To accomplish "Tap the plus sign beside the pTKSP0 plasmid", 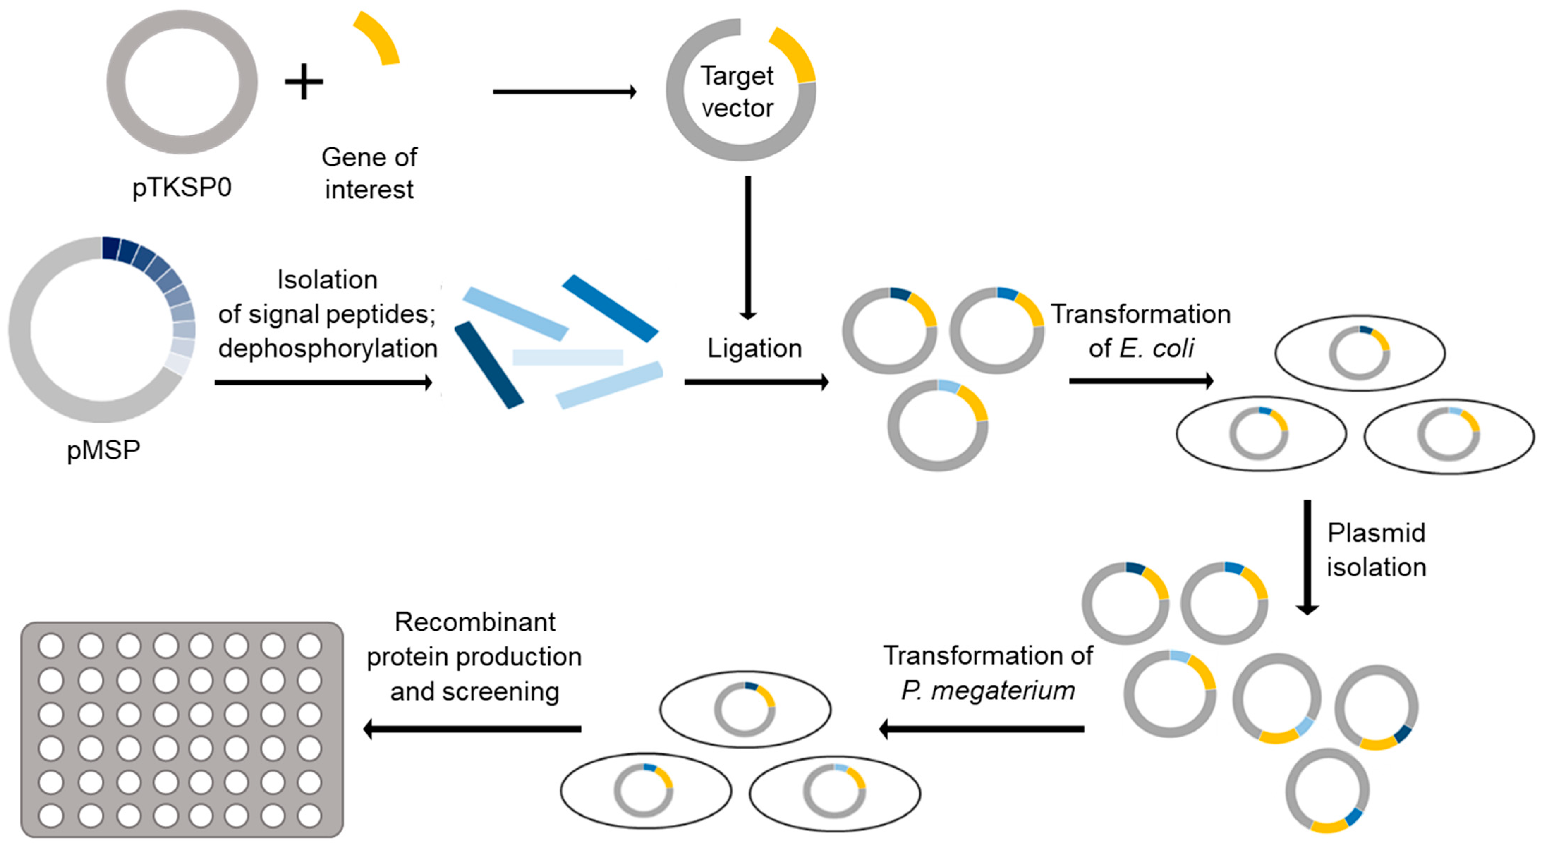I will (x=303, y=82).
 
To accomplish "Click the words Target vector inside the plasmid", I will (x=737, y=92).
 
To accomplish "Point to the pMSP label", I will (x=104, y=450).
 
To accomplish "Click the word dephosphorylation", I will (x=327, y=348).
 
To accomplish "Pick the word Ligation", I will (x=754, y=348).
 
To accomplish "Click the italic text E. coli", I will (x=1156, y=348).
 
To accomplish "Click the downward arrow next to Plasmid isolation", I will (x=1307, y=556).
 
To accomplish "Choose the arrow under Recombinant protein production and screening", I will (x=473, y=729).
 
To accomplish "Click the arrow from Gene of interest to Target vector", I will (x=564, y=92).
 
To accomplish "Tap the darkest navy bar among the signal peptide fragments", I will (x=489, y=365).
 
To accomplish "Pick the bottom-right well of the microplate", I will (x=309, y=816).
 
